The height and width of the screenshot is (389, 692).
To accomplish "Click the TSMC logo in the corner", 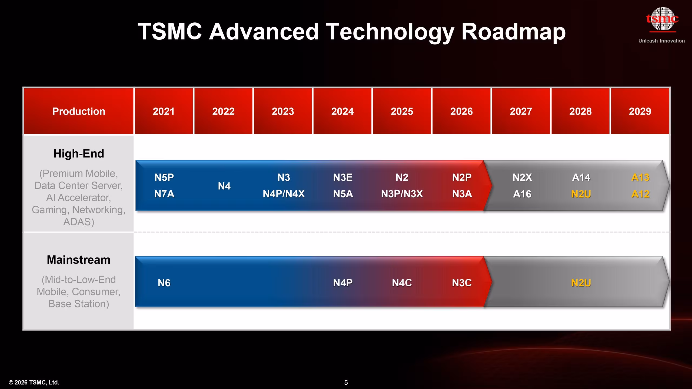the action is pyautogui.click(x=662, y=19).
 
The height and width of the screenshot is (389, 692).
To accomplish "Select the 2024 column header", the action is pyautogui.click(x=342, y=111).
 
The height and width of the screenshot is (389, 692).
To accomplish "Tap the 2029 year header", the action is pyautogui.click(x=640, y=111).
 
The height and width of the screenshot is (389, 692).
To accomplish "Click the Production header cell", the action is pyautogui.click(x=79, y=111).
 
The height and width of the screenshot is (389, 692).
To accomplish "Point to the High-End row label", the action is pyautogui.click(x=79, y=153).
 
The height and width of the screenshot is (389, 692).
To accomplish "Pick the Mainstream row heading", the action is pyautogui.click(x=79, y=260).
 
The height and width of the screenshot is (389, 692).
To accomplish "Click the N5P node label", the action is pyautogui.click(x=164, y=177).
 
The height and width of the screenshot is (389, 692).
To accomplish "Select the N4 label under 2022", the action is pyautogui.click(x=224, y=186).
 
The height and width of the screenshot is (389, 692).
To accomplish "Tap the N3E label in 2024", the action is pyautogui.click(x=343, y=177).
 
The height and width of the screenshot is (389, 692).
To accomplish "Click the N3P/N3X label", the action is pyautogui.click(x=402, y=194).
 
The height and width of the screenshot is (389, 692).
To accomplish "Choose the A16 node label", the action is pyautogui.click(x=522, y=194).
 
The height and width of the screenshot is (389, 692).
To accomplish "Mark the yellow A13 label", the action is pyautogui.click(x=640, y=177).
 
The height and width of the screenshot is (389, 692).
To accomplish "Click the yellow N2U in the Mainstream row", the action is pyautogui.click(x=581, y=283).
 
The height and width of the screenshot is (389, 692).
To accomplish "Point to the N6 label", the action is pyautogui.click(x=164, y=283).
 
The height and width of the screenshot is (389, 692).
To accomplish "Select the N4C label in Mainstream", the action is pyautogui.click(x=402, y=283).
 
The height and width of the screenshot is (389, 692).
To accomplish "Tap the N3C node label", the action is pyautogui.click(x=462, y=283).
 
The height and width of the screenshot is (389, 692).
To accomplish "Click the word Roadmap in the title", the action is pyautogui.click(x=513, y=32).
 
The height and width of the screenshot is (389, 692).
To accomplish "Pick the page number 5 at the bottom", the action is pyautogui.click(x=346, y=383).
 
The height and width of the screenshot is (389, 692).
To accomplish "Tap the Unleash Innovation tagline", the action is pyautogui.click(x=661, y=41).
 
